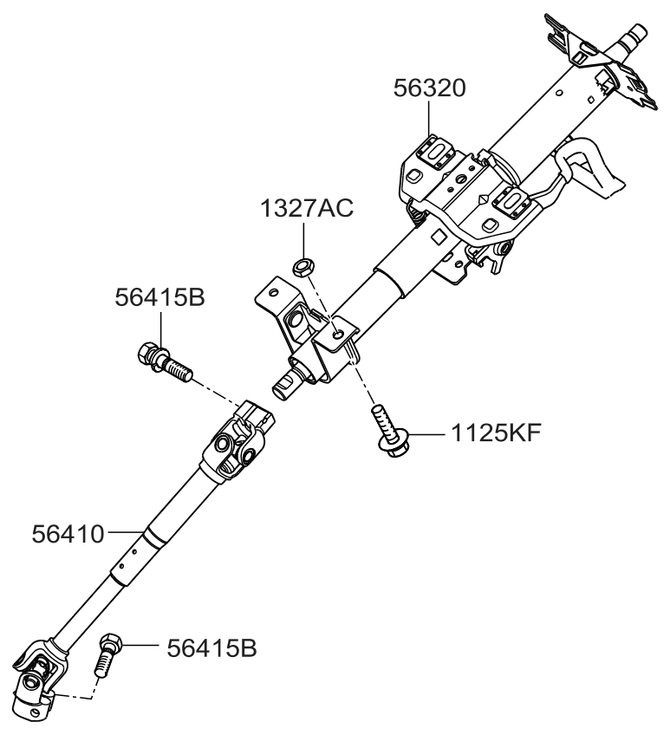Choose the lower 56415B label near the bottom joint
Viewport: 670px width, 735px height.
click(207, 647)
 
